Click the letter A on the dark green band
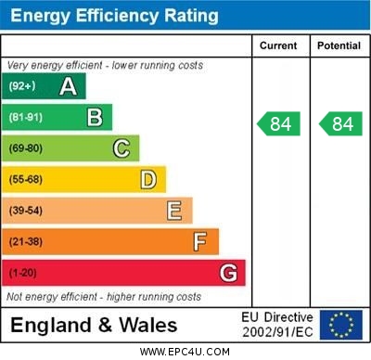pyautogui.click(x=68, y=86)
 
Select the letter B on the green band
pyautogui.click(x=95, y=117)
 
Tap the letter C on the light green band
pyautogui.click(x=122, y=148)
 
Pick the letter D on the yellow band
pyautogui.click(x=148, y=179)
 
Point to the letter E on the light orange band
pyautogui.click(x=174, y=211)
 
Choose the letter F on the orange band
pyautogui.click(x=200, y=242)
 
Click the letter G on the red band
pyautogui.click(x=228, y=273)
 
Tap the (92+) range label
pyautogui.click(x=23, y=86)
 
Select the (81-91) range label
pyautogui.click(x=27, y=118)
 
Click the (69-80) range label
pyautogui.click(x=27, y=148)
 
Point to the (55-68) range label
pyautogui.click(x=27, y=180)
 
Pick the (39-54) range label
pyautogui.click(x=27, y=211)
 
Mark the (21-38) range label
pyautogui.click(x=27, y=242)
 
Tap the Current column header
pyautogui.click(x=278, y=45)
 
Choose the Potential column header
pyautogui.click(x=339, y=45)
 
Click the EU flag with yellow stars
pyautogui.click(x=340, y=325)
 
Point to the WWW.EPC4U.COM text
pyautogui.click(x=185, y=352)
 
